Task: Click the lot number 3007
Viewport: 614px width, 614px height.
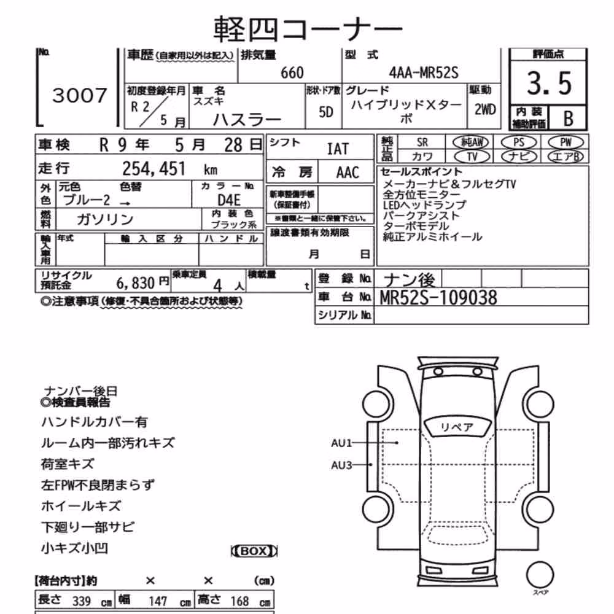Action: point(79,96)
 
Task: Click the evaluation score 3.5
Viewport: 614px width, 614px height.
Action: point(549,84)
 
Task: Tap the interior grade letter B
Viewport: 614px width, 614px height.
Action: point(568,119)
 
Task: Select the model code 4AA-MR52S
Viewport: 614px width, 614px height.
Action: point(423,72)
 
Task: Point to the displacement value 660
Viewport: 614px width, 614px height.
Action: point(292,73)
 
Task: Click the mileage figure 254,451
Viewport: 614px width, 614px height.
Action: point(154,169)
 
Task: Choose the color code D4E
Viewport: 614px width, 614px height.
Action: point(229,200)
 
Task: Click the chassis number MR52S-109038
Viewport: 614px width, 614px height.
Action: point(438,298)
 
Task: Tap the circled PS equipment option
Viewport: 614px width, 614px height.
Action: point(518,142)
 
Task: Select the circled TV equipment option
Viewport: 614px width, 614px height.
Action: point(472,157)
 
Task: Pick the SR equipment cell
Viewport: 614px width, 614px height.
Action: point(422,142)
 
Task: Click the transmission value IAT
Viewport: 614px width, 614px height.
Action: point(338,149)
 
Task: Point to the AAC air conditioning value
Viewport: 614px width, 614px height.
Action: point(348,173)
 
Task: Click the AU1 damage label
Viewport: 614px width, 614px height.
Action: point(341,443)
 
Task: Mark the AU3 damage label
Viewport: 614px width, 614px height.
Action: point(341,465)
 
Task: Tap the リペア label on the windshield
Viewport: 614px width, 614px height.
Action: point(457,427)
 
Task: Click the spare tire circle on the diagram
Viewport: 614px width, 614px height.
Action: point(540,575)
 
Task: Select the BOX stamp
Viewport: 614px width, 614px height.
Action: point(254,551)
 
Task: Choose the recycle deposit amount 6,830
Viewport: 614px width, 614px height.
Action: point(136,282)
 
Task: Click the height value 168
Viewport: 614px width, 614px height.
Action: point(239,601)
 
